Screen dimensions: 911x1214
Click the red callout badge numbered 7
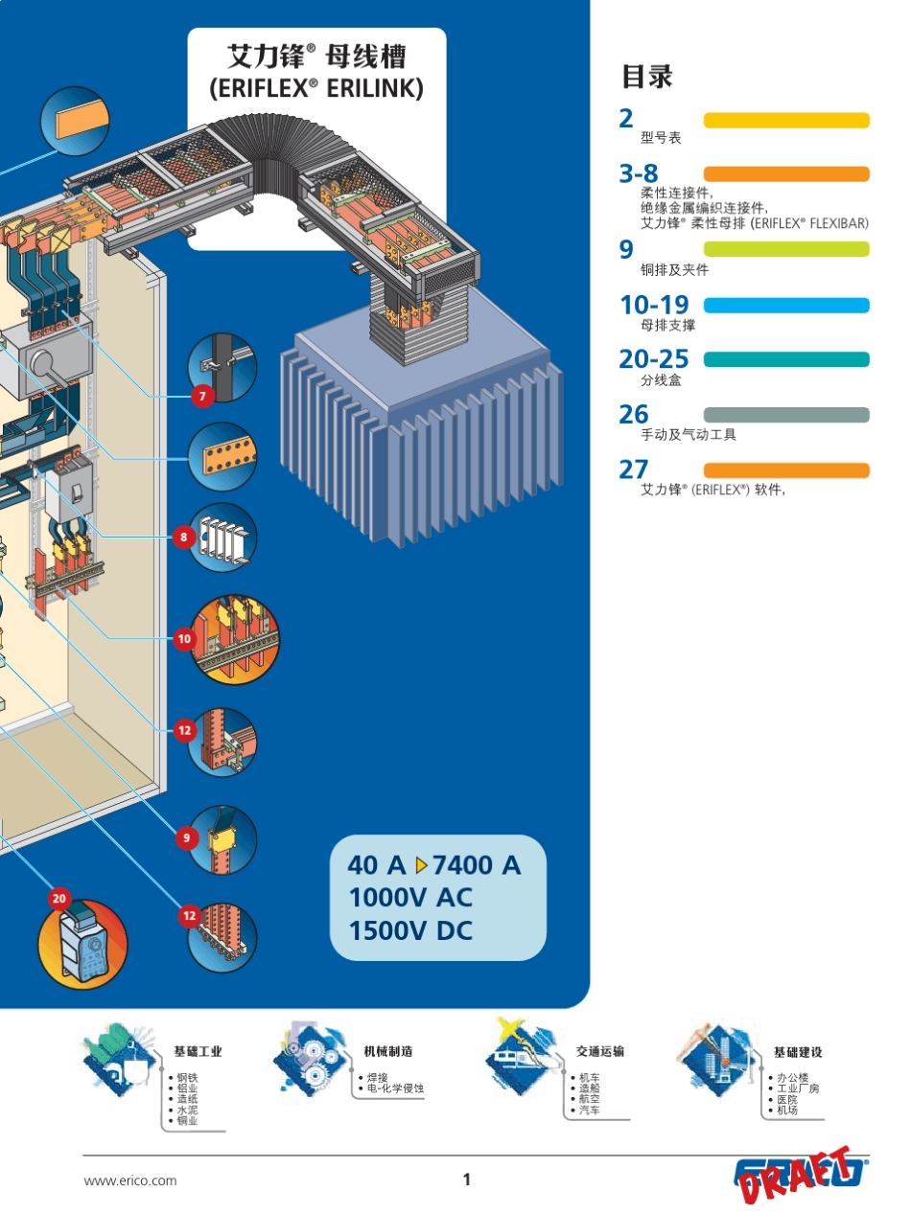pyautogui.click(x=202, y=396)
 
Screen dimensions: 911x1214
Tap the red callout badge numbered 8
pyautogui.click(x=184, y=537)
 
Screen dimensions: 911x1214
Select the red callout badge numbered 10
pyautogui.click(x=184, y=639)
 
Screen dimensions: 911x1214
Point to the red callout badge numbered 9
pyautogui.click(x=187, y=837)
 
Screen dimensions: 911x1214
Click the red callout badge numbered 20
pyautogui.click(x=59, y=898)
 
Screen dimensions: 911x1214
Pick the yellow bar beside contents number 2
pyautogui.click(x=786, y=120)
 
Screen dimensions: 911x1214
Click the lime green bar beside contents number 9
pyautogui.click(x=786, y=249)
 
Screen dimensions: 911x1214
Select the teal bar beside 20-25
pyautogui.click(x=786, y=359)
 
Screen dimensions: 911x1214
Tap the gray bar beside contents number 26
pyautogui.click(x=786, y=415)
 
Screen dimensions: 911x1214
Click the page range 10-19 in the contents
pyautogui.click(x=654, y=305)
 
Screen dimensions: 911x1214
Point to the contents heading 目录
pyautogui.click(x=647, y=77)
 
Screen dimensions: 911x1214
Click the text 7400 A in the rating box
pyautogui.click(x=477, y=865)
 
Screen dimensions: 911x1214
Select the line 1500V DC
pyautogui.click(x=410, y=930)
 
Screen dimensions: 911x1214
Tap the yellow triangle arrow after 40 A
pyautogui.click(x=421, y=865)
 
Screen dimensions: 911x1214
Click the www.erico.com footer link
pyautogui.click(x=130, y=1180)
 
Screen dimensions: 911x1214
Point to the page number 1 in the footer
pyautogui.click(x=467, y=1180)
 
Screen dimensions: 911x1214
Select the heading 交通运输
pyautogui.click(x=600, y=1051)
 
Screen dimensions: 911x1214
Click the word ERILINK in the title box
pyautogui.click(x=375, y=88)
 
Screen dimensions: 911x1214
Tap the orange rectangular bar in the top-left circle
pyautogui.click(x=82, y=121)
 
